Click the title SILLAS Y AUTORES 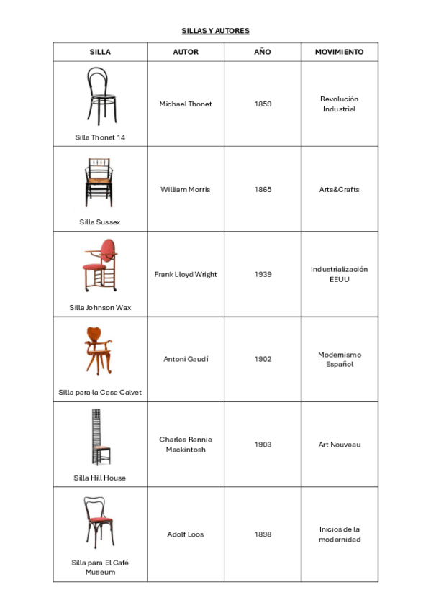click(x=215, y=31)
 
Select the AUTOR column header click(x=186, y=52)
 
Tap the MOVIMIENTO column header click(x=339, y=52)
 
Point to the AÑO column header click(x=263, y=52)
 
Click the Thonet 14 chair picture click(x=100, y=96)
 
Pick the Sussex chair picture click(x=99, y=183)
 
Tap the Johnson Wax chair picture click(x=99, y=266)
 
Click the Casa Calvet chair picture click(x=99, y=352)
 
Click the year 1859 click(x=263, y=104)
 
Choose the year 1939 click(x=263, y=274)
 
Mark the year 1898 click(x=263, y=534)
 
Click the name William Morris click(x=186, y=190)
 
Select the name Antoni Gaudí click(x=186, y=359)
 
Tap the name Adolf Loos click(x=186, y=534)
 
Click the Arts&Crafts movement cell click(x=339, y=190)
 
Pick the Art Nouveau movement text click(x=339, y=445)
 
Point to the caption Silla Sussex click(x=100, y=222)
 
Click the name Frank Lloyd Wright click(x=186, y=274)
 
